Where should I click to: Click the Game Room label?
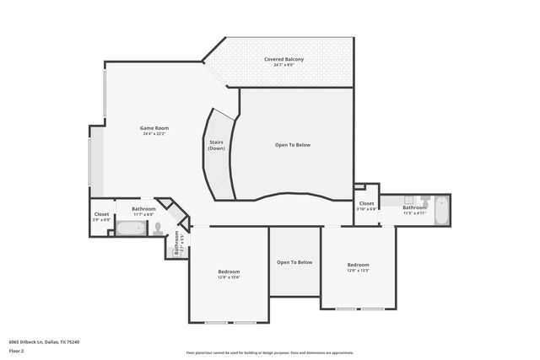[154, 127]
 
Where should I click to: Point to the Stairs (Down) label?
[216, 145]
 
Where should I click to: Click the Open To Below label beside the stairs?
[293, 145]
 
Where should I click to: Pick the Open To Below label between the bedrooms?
[294, 262]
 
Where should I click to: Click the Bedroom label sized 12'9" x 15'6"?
[229, 271]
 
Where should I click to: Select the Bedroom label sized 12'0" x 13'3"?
[358, 265]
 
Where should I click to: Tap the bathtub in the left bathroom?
[131, 228]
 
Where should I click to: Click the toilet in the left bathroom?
[158, 228]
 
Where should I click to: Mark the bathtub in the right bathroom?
[440, 202]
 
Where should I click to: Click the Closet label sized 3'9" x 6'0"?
[101, 214]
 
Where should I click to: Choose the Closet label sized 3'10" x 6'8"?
[367, 203]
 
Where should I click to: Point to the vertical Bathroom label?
[177, 244]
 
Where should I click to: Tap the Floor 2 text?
[16, 349]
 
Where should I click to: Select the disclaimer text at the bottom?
[270, 353]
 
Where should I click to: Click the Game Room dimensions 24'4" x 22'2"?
[154, 133]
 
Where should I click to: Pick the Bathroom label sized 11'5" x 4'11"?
[414, 207]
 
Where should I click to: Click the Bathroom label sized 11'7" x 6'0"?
[143, 208]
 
